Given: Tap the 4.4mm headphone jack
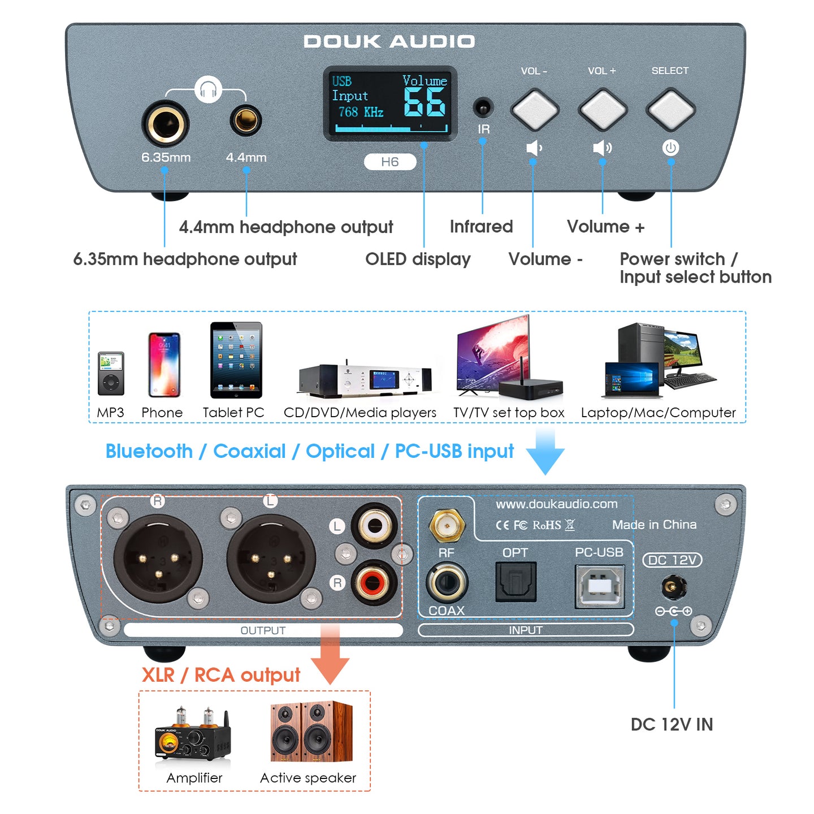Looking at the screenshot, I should coord(246,120).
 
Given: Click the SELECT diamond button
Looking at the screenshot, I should coord(670,109).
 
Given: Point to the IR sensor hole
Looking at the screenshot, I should coord(483,107).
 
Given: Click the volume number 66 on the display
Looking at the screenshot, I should coord(425,102).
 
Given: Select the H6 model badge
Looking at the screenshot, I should coord(390,162).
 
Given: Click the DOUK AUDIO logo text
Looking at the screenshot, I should coord(389,41).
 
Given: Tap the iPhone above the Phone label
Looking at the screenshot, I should coord(164,365).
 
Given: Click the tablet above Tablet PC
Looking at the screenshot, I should coord(236,360).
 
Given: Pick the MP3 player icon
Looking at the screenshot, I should coord(111,373).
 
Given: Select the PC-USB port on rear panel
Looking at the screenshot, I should coord(599,586).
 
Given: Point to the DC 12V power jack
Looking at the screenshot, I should coord(673,587).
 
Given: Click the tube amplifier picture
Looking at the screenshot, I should coord(192,735).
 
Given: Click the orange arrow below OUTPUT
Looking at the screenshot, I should coord(331,656).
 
